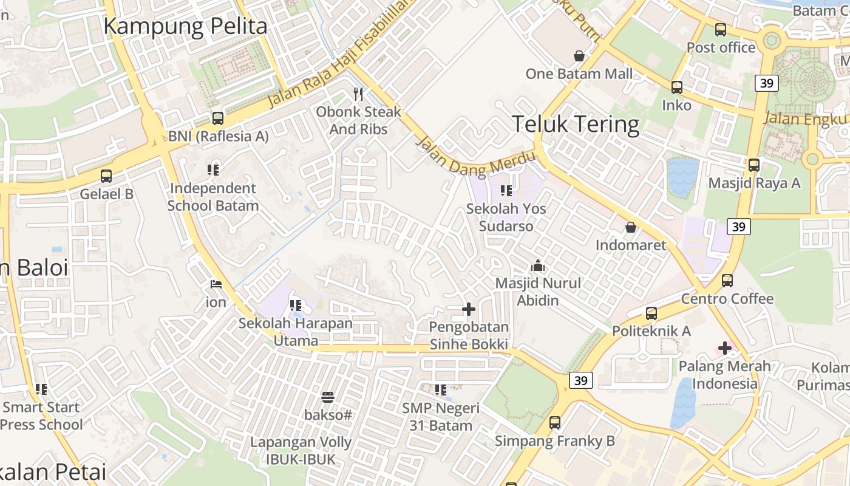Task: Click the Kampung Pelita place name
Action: click(185, 26)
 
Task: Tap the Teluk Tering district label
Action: click(576, 124)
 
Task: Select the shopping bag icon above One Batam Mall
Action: click(579, 56)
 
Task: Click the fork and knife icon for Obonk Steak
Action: click(358, 94)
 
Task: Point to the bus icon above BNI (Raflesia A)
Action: click(217, 118)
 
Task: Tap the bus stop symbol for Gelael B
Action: click(106, 176)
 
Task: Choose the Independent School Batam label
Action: click(213, 197)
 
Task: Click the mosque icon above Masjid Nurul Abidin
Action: click(537, 265)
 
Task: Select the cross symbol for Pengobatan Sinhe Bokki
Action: click(469, 309)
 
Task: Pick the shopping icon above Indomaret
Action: click(631, 227)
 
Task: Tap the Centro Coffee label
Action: click(727, 299)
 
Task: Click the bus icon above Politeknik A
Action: click(651, 313)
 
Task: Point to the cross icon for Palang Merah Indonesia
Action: click(724, 348)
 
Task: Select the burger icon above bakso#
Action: click(328, 397)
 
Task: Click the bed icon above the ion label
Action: click(216, 284)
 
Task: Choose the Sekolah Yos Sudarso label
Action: click(506, 217)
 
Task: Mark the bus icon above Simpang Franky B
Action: click(555, 423)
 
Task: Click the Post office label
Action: click(721, 47)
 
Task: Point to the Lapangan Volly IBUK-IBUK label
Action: click(301, 451)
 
